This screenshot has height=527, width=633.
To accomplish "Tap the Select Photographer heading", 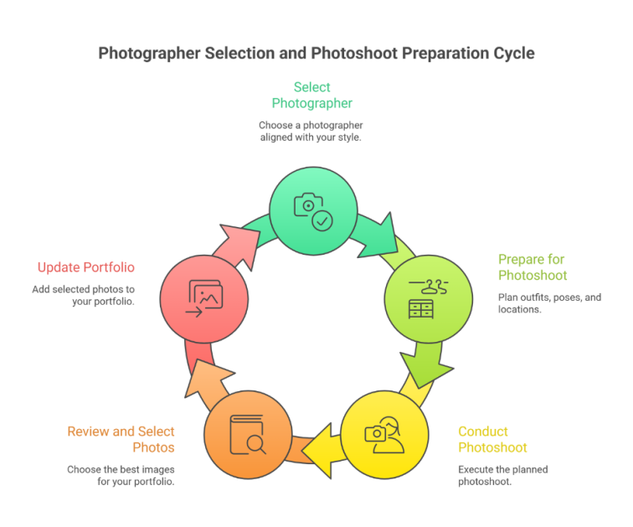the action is pos(312,96).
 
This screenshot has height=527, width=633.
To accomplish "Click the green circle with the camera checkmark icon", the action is pos(313,211).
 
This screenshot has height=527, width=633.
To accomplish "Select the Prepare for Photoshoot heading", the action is pos(533,267).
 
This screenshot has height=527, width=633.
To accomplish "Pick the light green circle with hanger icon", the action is pos(429,299).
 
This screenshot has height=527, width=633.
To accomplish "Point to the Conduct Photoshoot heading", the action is pos(492,439).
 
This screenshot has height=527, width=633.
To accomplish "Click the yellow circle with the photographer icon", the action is pos(384,435).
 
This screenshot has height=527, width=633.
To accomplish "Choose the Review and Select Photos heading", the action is pos(121,439).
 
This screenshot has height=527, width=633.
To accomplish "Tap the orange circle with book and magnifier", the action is pos(248,435).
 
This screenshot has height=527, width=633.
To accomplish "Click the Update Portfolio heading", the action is pos(86,267).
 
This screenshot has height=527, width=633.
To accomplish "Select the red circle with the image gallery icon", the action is pos(204,299).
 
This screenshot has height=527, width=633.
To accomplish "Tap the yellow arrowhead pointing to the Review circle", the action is pos(320,451).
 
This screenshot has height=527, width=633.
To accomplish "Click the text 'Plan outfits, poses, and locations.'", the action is pos(549,303).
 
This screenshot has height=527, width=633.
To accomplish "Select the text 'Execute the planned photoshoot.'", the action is pos(503,475).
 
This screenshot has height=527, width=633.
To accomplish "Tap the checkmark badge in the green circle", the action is pos(322,221).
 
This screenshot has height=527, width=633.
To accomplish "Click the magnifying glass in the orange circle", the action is pos(256,445).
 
